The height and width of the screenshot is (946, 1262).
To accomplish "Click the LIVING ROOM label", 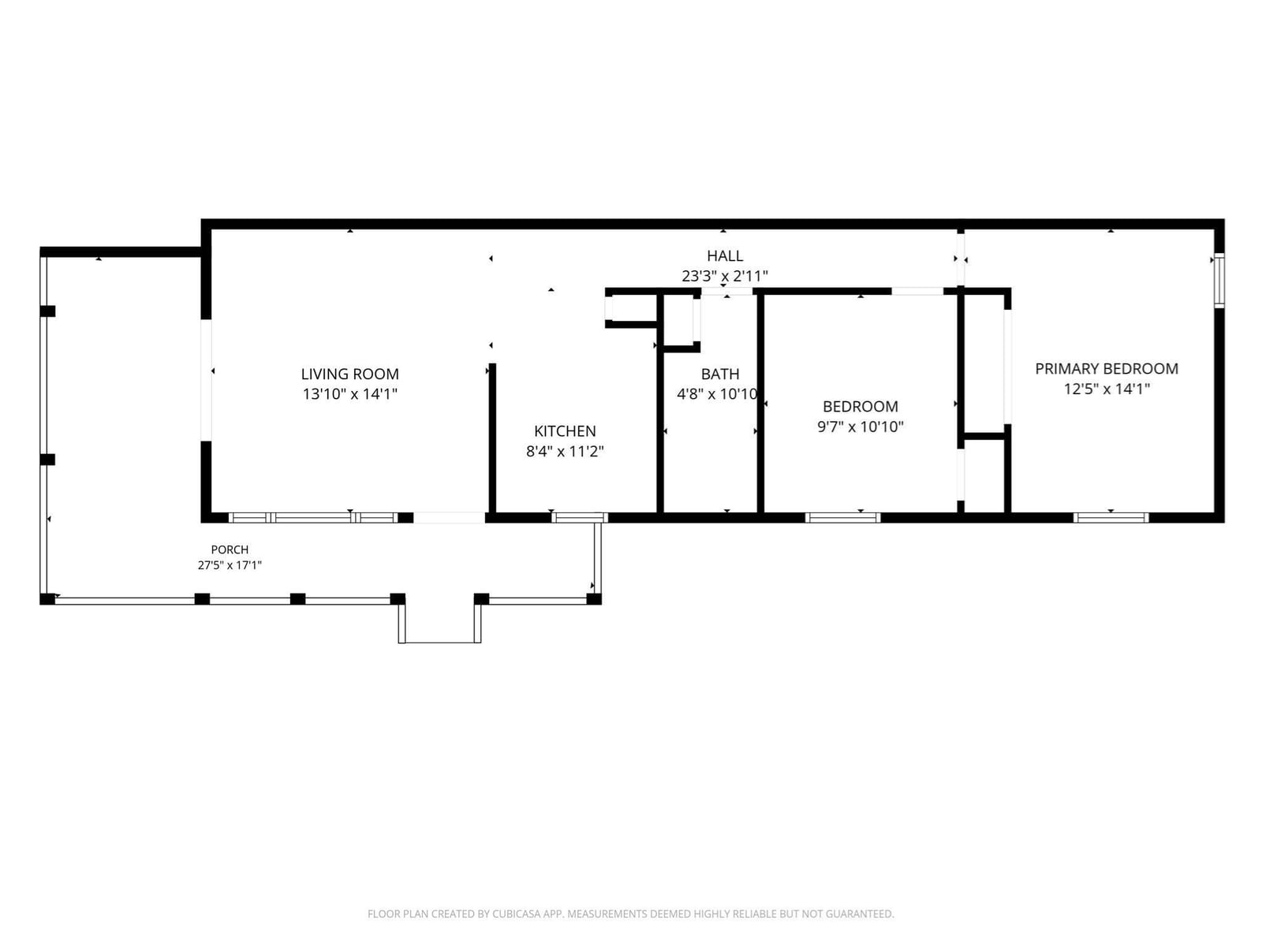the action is click(x=349, y=374).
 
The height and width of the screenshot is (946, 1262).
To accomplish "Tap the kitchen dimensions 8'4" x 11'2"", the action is click(x=565, y=452).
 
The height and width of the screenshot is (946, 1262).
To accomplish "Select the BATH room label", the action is click(x=720, y=374).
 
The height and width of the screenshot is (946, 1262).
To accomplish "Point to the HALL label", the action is click(x=724, y=255).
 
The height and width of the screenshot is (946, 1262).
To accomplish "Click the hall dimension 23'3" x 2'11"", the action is click(x=724, y=276).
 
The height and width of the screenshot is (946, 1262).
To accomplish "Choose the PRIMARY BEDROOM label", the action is click(x=1106, y=369).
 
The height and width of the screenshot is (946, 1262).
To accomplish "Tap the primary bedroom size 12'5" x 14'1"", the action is click(x=1106, y=389).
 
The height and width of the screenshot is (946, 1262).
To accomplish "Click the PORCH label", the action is click(x=230, y=549).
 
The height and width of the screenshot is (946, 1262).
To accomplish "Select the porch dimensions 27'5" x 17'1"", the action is click(x=230, y=565).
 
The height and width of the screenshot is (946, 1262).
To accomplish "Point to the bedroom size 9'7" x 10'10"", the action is click(x=860, y=426).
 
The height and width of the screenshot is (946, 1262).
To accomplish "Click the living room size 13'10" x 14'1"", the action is click(x=349, y=394).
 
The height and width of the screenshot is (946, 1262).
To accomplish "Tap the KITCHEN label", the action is click(x=565, y=430).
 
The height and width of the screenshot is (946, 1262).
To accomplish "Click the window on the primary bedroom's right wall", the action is click(x=1219, y=281).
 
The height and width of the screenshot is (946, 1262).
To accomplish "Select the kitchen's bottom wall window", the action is click(x=580, y=517).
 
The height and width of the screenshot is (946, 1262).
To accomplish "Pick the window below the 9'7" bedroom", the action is click(x=842, y=517).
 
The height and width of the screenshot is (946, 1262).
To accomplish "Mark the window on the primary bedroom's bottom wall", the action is click(x=1111, y=517).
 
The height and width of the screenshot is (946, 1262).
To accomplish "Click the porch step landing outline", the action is click(x=440, y=642).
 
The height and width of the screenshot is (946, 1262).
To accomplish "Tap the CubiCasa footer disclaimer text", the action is click(x=631, y=913).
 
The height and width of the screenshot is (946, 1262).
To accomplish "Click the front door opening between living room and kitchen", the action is click(x=449, y=517).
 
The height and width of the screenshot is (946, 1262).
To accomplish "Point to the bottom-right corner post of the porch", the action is click(x=594, y=599).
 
